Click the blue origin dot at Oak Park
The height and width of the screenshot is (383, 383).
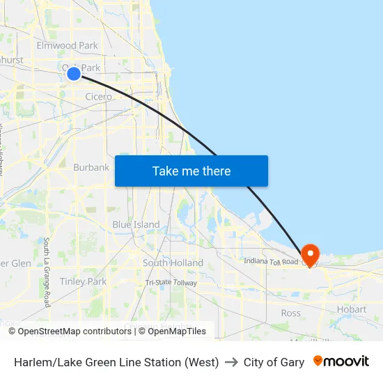pyautogui.click(x=74, y=73)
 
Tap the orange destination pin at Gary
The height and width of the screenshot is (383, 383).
pyautogui.click(x=309, y=253)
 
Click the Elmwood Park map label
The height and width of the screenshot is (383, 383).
pyautogui.click(x=67, y=45)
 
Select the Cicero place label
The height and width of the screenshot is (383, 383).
pyautogui.click(x=98, y=97)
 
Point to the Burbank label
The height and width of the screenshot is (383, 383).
pyautogui.click(x=91, y=167)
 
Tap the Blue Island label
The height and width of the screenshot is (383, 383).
pyautogui.click(x=136, y=225)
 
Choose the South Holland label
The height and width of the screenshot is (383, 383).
pyautogui.click(x=173, y=263)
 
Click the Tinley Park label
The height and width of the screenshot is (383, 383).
pyautogui.click(x=83, y=281)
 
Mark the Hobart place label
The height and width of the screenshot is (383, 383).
pyautogui.click(x=351, y=309)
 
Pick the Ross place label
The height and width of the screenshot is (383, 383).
pyautogui.click(x=291, y=313)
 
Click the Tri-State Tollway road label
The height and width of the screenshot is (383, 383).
pyautogui.click(x=171, y=283)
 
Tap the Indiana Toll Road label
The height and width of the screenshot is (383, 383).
pyautogui.click(x=271, y=261)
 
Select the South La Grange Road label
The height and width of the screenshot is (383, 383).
pyautogui.click(x=47, y=272)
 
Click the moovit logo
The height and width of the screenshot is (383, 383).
pyautogui.click(x=341, y=361)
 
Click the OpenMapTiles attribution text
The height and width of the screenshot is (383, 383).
pyautogui.click(x=172, y=331)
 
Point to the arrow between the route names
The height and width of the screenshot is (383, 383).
pyautogui.click(x=231, y=362)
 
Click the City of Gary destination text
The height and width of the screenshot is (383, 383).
pyautogui.click(x=274, y=362)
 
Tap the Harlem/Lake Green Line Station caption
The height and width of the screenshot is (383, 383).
pyautogui.click(x=116, y=362)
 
